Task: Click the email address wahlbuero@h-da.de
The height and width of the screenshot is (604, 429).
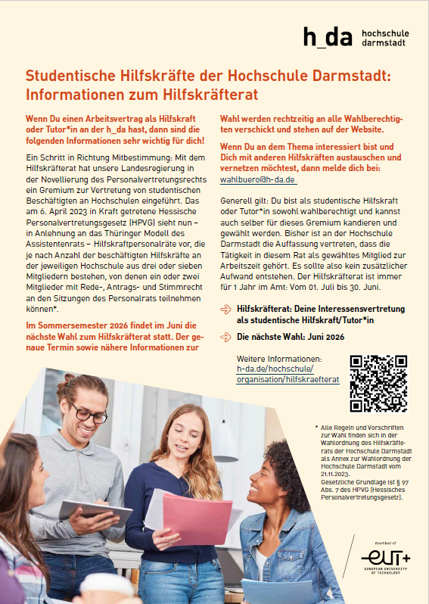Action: tap(257, 180)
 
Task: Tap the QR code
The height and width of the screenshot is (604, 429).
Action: tap(379, 383)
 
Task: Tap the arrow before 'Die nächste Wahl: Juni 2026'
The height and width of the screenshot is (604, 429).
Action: tap(225, 335)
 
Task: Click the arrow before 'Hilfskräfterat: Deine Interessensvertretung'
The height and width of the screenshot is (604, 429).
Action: tap(225, 310)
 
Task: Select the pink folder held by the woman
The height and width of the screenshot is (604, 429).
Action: tap(197, 518)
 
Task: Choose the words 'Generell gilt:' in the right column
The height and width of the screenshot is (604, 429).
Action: tap(244, 199)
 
